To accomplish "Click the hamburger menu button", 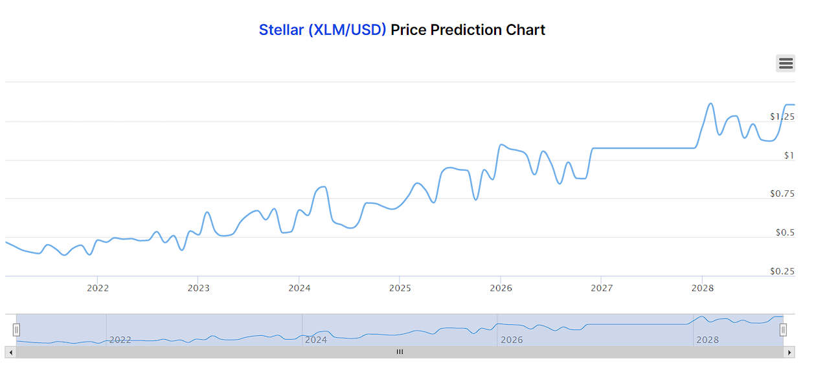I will (786, 63).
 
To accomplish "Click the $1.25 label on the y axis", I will (782, 116).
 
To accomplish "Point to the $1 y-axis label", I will (789, 155).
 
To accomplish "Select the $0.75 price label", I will (782, 194).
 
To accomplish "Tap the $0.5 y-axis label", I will (785, 232).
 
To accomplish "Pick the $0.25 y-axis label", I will (782, 271).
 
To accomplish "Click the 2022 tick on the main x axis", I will (98, 288).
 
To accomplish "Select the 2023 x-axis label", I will (199, 288).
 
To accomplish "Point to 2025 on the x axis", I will (400, 288).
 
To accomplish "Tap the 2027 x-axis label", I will (602, 288).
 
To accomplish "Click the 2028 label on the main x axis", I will (702, 288).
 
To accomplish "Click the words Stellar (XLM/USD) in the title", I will (323, 30).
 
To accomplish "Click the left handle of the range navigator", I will (17, 330).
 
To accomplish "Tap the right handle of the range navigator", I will (783, 330).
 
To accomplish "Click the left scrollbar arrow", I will (10, 352).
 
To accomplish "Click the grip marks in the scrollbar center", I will (400, 352).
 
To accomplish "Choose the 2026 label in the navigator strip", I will (512, 340).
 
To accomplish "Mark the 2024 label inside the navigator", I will (316, 340).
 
